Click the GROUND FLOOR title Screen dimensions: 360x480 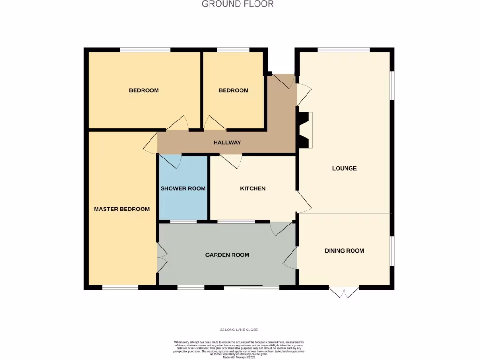coord(238,4)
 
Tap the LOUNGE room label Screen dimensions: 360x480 coord(344,168)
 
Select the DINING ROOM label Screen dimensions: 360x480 coord(344,251)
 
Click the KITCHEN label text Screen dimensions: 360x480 coord(253,188)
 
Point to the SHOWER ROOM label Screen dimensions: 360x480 coord(183,188)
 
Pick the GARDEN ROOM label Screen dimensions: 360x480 coord(227,255)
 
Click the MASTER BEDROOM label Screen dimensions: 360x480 coord(121,209)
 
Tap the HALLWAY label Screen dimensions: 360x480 coord(227,142)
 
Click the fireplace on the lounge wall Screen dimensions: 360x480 coord(305,130)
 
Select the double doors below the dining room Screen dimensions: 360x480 coord(344,292)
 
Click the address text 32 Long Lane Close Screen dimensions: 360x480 coord(240,330)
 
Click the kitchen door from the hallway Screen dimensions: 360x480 coord(232,161)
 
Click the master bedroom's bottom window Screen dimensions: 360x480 coord(120,287)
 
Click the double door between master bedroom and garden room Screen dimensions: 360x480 coord(162,257)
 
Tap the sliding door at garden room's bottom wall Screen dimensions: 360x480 coord(252,287)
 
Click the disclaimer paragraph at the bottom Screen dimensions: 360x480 coord(240,349)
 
